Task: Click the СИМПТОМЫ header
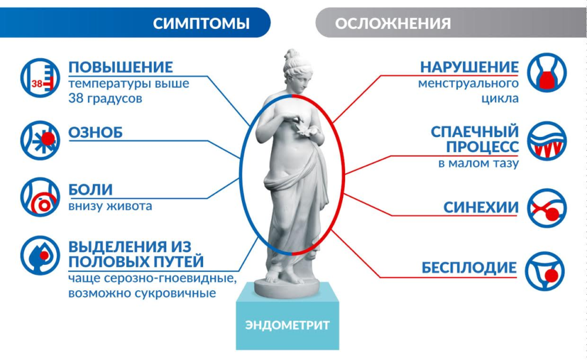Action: click(x=201, y=23)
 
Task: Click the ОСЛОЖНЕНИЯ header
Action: click(x=393, y=23)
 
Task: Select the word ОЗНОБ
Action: click(x=96, y=133)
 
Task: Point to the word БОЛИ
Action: click(x=90, y=190)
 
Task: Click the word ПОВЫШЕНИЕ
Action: click(x=121, y=66)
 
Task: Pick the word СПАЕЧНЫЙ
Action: click(x=474, y=130)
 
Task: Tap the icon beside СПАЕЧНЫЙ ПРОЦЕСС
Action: click(x=546, y=142)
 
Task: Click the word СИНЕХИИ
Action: click(x=481, y=207)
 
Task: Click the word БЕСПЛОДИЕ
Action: click(x=469, y=268)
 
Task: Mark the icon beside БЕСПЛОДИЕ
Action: click(x=546, y=272)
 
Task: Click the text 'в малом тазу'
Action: click(x=478, y=164)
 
